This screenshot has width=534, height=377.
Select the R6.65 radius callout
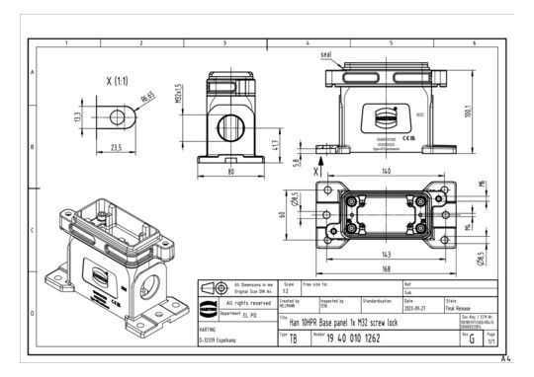point(147,99)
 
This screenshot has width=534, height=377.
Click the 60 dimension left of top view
point(282,213)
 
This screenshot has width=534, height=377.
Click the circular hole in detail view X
point(118,116)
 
